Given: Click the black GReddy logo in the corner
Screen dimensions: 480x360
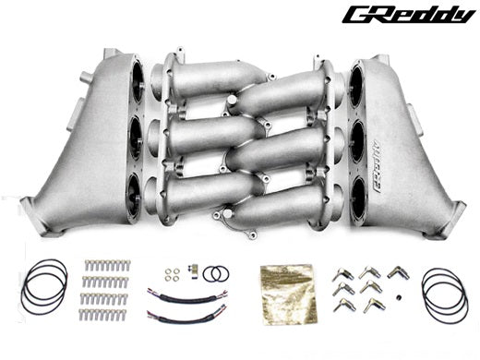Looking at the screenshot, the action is (409, 16).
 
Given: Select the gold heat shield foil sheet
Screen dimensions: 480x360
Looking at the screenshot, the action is (288, 294).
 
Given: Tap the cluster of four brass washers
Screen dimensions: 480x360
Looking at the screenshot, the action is (172, 274).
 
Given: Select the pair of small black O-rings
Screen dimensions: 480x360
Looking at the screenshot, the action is (216, 273).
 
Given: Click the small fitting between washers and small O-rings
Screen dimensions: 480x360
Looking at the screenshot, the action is (191, 269).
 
